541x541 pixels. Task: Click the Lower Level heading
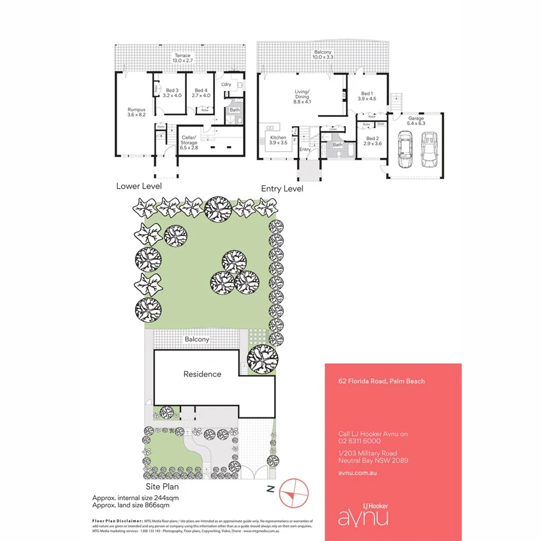click(x=139, y=186)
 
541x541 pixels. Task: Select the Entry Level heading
click(x=282, y=189)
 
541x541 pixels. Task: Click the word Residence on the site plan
click(x=202, y=374)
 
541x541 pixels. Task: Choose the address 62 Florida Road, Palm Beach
click(x=381, y=381)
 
